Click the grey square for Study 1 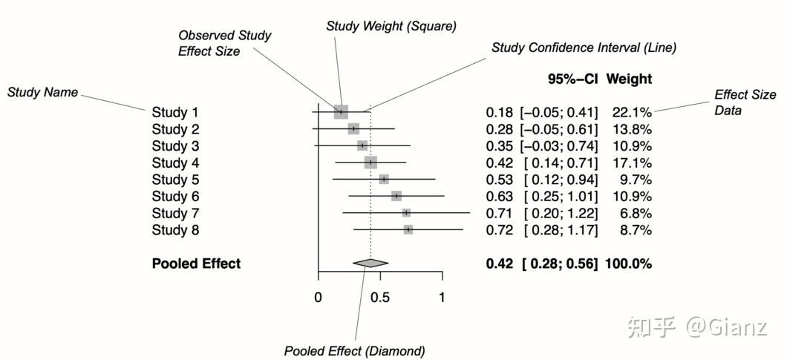pyautogui.click(x=341, y=112)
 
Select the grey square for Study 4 pyautogui.click(x=370, y=163)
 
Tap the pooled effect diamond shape pyautogui.click(x=370, y=263)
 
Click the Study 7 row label pyautogui.click(x=175, y=213)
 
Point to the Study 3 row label pyautogui.click(x=175, y=145)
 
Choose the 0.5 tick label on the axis pyautogui.click(x=380, y=298)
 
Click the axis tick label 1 pyautogui.click(x=442, y=298)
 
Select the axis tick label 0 pyautogui.click(x=318, y=298)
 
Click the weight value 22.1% pyautogui.click(x=632, y=112)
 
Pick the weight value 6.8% pyautogui.click(x=636, y=213)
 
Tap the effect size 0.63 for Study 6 pyautogui.click(x=499, y=196)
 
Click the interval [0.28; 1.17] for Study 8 pyautogui.click(x=561, y=230)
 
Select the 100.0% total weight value pyautogui.click(x=628, y=264)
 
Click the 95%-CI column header pyautogui.click(x=573, y=79)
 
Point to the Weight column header pyautogui.click(x=629, y=79)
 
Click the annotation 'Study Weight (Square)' pyautogui.click(x=391, y=26)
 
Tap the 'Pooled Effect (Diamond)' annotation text pyautogui.click(x=355, y=350)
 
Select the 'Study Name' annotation pyautogui.click(x=42, y=93)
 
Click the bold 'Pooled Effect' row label pyautogui.click(x=196, y=264)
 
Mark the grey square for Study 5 pyautogui.click(x=384, y=179)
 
